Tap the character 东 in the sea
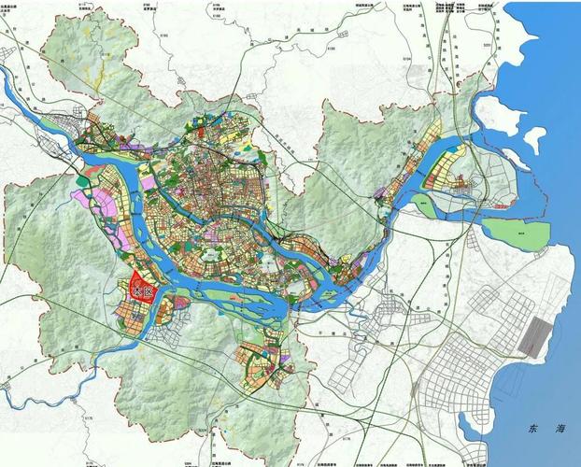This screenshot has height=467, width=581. (533, 431)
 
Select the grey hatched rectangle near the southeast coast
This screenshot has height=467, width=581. (540, 335)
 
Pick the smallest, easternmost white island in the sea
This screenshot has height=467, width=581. (533, 139)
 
